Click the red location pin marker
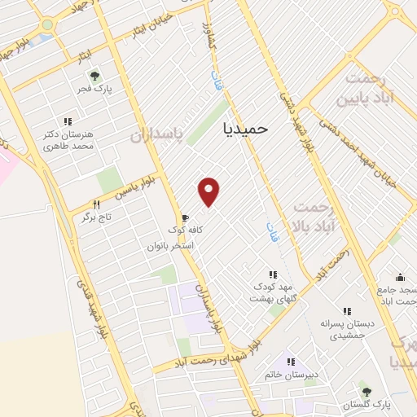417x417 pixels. [x=209, y=191]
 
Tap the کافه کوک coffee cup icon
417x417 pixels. [x=185, y=218]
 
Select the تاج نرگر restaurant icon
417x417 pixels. [x=96, y=205]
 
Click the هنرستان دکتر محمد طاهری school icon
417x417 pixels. [x=67, y=121]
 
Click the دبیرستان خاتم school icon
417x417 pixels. [x=290, y=362]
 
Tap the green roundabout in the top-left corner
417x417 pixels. [x=47, y=24]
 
